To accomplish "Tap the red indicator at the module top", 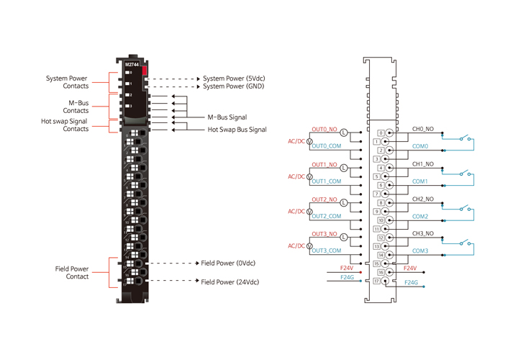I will coord(145,70).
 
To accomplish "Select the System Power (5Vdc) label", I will coord(234,78).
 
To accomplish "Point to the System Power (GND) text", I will coord(233,86).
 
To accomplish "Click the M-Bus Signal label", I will coord(227,117).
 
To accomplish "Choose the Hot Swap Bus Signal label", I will coord(237,130).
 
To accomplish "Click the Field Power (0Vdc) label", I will coord(228,264).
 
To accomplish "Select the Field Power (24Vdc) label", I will coord(230,282).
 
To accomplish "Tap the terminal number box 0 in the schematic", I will coord(381,133).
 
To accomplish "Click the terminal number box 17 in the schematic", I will coord(376,281).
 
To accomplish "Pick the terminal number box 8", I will coord(381,203).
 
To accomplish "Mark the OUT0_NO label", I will coord(324,130).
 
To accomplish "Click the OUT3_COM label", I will coord(326,251).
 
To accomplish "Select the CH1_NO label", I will coord(422,164).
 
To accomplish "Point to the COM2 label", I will coord(420,216).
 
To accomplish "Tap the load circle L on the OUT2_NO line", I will coord(343,203).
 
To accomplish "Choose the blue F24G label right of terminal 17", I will coord(411,283).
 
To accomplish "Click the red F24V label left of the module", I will coord(347,268).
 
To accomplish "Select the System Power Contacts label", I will coord(67,82).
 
